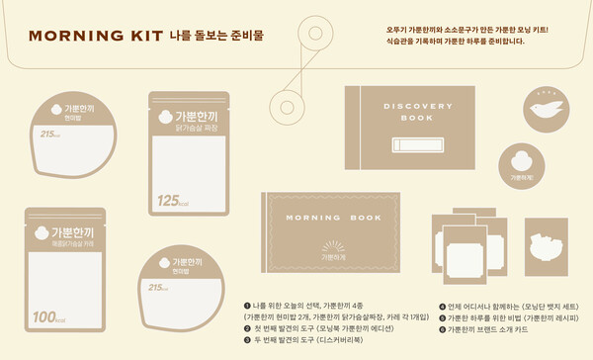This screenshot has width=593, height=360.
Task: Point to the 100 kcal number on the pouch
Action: (x=46, y=315)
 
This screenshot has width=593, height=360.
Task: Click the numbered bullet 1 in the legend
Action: (x=246, y=306)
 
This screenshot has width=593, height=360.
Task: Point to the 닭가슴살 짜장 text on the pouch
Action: (x=189, y=127)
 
